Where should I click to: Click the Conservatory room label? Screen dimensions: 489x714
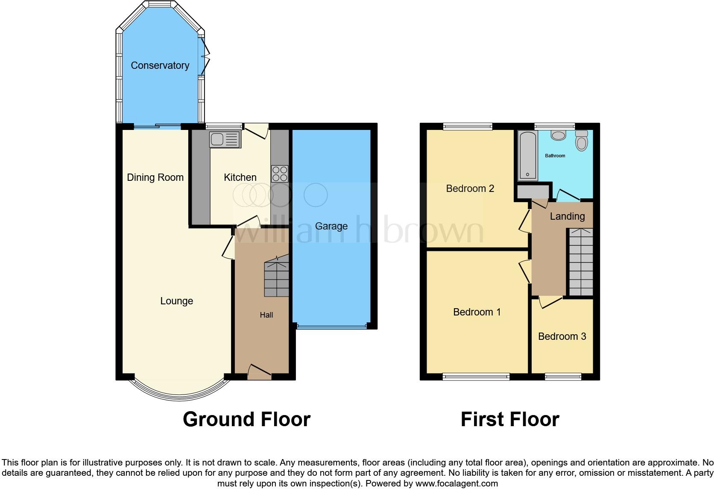tap(160, 65)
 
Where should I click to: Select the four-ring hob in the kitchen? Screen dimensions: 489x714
tap(280, 174)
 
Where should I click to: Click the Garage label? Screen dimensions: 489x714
tap(331, 226)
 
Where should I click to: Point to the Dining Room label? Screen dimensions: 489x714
tap(155, 177)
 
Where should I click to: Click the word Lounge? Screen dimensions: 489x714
tap(176, 301)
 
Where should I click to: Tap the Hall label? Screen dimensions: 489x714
tap(266, 315)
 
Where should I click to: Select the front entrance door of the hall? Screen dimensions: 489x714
tap(260, 371)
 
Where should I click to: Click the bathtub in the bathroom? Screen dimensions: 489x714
tap(528, 156)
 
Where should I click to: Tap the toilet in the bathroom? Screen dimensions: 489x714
tap(581, 141)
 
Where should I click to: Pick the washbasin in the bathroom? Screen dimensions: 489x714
tap(558, 136)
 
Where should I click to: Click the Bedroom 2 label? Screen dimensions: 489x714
tap(470, 189)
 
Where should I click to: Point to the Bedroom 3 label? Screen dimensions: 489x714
tap(562, 336)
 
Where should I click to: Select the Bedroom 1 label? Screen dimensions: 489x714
tap(477, 312)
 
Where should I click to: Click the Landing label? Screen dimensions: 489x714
tap(567, 216)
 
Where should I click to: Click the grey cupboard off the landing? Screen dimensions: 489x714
tap(533, 192)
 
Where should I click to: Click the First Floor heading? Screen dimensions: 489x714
tap(509, 419)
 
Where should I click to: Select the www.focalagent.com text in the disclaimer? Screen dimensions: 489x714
tap(456, 484)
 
